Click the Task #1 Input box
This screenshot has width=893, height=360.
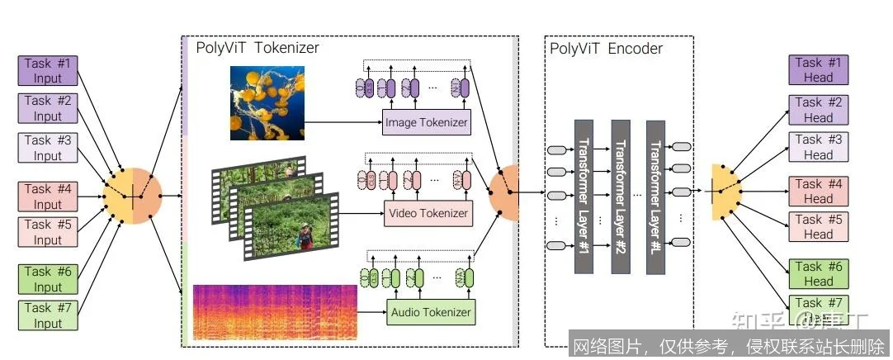click(48, 70)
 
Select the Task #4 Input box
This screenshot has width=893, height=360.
click(48, 197)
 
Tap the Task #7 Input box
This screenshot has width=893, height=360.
click(48, 315)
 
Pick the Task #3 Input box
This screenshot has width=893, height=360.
click(48, 148)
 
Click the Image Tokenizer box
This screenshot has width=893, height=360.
click(427, 123)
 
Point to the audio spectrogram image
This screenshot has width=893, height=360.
click(275, 312)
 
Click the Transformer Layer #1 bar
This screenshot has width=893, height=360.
click(584, 196)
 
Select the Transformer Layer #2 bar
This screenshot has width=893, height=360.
click(620, 196)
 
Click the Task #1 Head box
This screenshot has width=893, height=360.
click(818, 70)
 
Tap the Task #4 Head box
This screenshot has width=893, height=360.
click(818, 192)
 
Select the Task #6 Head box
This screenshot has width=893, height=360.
click(818, 274)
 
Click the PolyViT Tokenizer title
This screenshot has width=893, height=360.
click(257, 48)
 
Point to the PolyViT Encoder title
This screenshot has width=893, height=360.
click(606, 48)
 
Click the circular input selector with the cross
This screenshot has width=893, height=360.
click(132, 196)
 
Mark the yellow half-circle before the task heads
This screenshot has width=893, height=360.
click(723, 193)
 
